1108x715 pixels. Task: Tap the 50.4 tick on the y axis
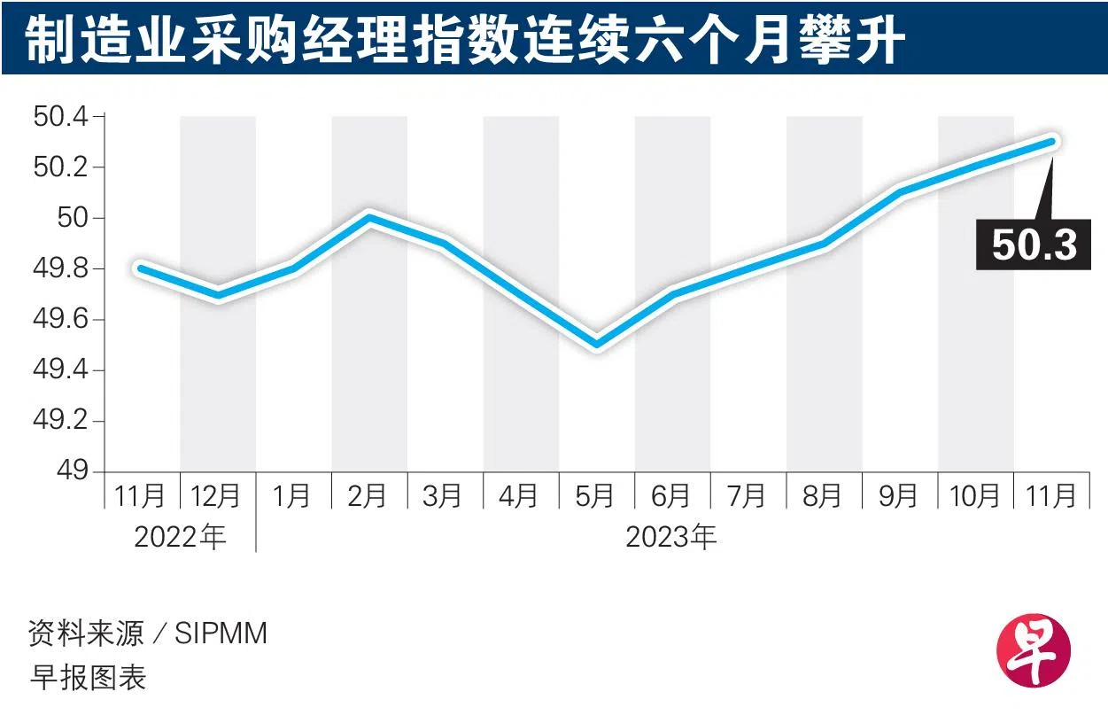[x=61, y=117]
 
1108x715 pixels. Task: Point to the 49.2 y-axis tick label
[x=61, y=421]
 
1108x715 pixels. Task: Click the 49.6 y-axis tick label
[x=61, y=320]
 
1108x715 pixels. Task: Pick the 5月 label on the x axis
[x=596, y=496]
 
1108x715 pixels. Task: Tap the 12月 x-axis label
[x=218, y=496]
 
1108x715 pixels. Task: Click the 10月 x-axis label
[x=975, y=496]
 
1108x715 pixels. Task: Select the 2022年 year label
[x=181, y=537]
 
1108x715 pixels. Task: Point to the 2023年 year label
[x=671, y=537]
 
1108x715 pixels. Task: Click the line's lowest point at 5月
[x=597, y=345]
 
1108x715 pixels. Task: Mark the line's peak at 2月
[x=369, y=217]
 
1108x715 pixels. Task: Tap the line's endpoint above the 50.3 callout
[x=1051, y=142]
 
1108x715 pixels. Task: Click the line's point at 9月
[x=900, y=191]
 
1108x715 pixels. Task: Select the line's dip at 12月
[x=218, y=294]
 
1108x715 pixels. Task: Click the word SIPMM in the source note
[x=221, y=633]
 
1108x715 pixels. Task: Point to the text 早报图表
[x=88, y=678]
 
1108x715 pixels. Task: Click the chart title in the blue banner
[x=465, y=40]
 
